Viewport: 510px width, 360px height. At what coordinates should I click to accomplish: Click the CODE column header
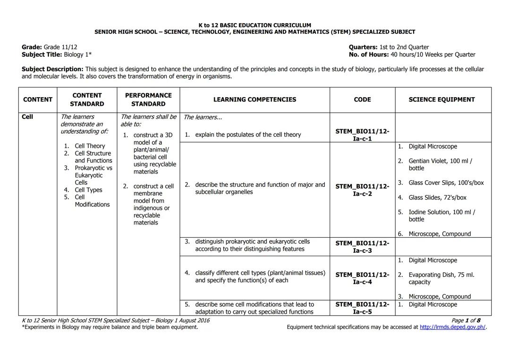(x=362, y=100)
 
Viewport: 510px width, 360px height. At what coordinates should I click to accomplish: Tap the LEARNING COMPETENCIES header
(x=255, y=100)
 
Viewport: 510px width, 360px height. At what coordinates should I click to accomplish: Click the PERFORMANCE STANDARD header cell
(x=148, y=100)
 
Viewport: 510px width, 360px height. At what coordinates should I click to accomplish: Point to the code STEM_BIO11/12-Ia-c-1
(x=362, y=135)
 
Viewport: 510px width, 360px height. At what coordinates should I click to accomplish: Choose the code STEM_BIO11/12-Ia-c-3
(x=362, y=247)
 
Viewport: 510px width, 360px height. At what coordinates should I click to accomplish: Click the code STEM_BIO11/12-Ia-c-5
(x=362, y=308)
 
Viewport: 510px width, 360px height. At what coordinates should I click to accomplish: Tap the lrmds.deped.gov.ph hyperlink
(x=452, y=327)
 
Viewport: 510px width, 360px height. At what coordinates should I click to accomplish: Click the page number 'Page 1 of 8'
(x=466, y=320)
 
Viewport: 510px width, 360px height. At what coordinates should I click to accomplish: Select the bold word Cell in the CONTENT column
(x=27, y=117)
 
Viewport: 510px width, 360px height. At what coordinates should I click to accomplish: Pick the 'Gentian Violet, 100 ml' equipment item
(x=440, y=165)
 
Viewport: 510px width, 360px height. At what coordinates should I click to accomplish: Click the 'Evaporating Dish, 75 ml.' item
(x=441, y=278)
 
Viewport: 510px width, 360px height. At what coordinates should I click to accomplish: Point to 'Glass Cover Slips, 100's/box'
(x=446, y=183)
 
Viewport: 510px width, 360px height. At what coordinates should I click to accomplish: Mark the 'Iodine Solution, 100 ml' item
(x=442, y=216)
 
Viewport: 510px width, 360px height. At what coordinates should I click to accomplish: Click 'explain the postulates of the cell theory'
(x=247, y=135)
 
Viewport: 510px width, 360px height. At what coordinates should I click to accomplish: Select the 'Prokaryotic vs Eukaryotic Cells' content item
(x=93, y=175)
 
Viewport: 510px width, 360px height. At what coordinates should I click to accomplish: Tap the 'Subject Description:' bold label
(x=52, y=69)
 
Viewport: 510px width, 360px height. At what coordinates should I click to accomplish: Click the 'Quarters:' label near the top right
(x=363, y=47)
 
